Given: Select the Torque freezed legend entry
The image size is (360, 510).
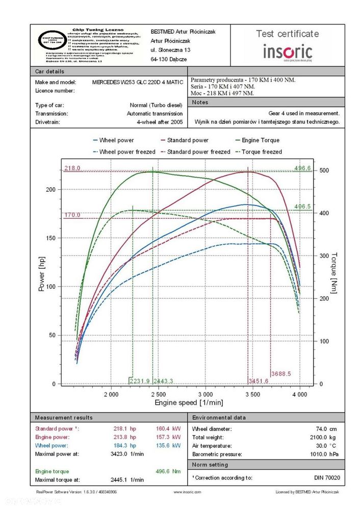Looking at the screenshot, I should (x=262, y=151).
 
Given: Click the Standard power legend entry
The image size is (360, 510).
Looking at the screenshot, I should (x=188, y=140).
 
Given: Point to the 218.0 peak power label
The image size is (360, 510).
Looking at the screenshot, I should (x=72, y=168).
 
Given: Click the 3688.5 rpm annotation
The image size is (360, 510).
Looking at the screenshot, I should (x=281, y=374).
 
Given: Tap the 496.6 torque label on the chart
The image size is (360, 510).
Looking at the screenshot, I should (x=302, y=168).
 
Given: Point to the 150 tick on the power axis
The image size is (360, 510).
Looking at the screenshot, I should (x=49, y=238).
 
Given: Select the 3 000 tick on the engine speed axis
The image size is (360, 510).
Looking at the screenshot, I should (x=205, y=394).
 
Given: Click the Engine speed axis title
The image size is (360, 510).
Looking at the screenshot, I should (x=189, y=403).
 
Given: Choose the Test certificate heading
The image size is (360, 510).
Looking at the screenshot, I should (x=288, y=34).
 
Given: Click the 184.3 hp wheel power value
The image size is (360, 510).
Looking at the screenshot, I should (x=125, y=445).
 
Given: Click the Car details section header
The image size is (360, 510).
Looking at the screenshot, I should (x=50, y=71).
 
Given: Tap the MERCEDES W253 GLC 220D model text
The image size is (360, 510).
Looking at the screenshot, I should (x=137, y=82).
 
